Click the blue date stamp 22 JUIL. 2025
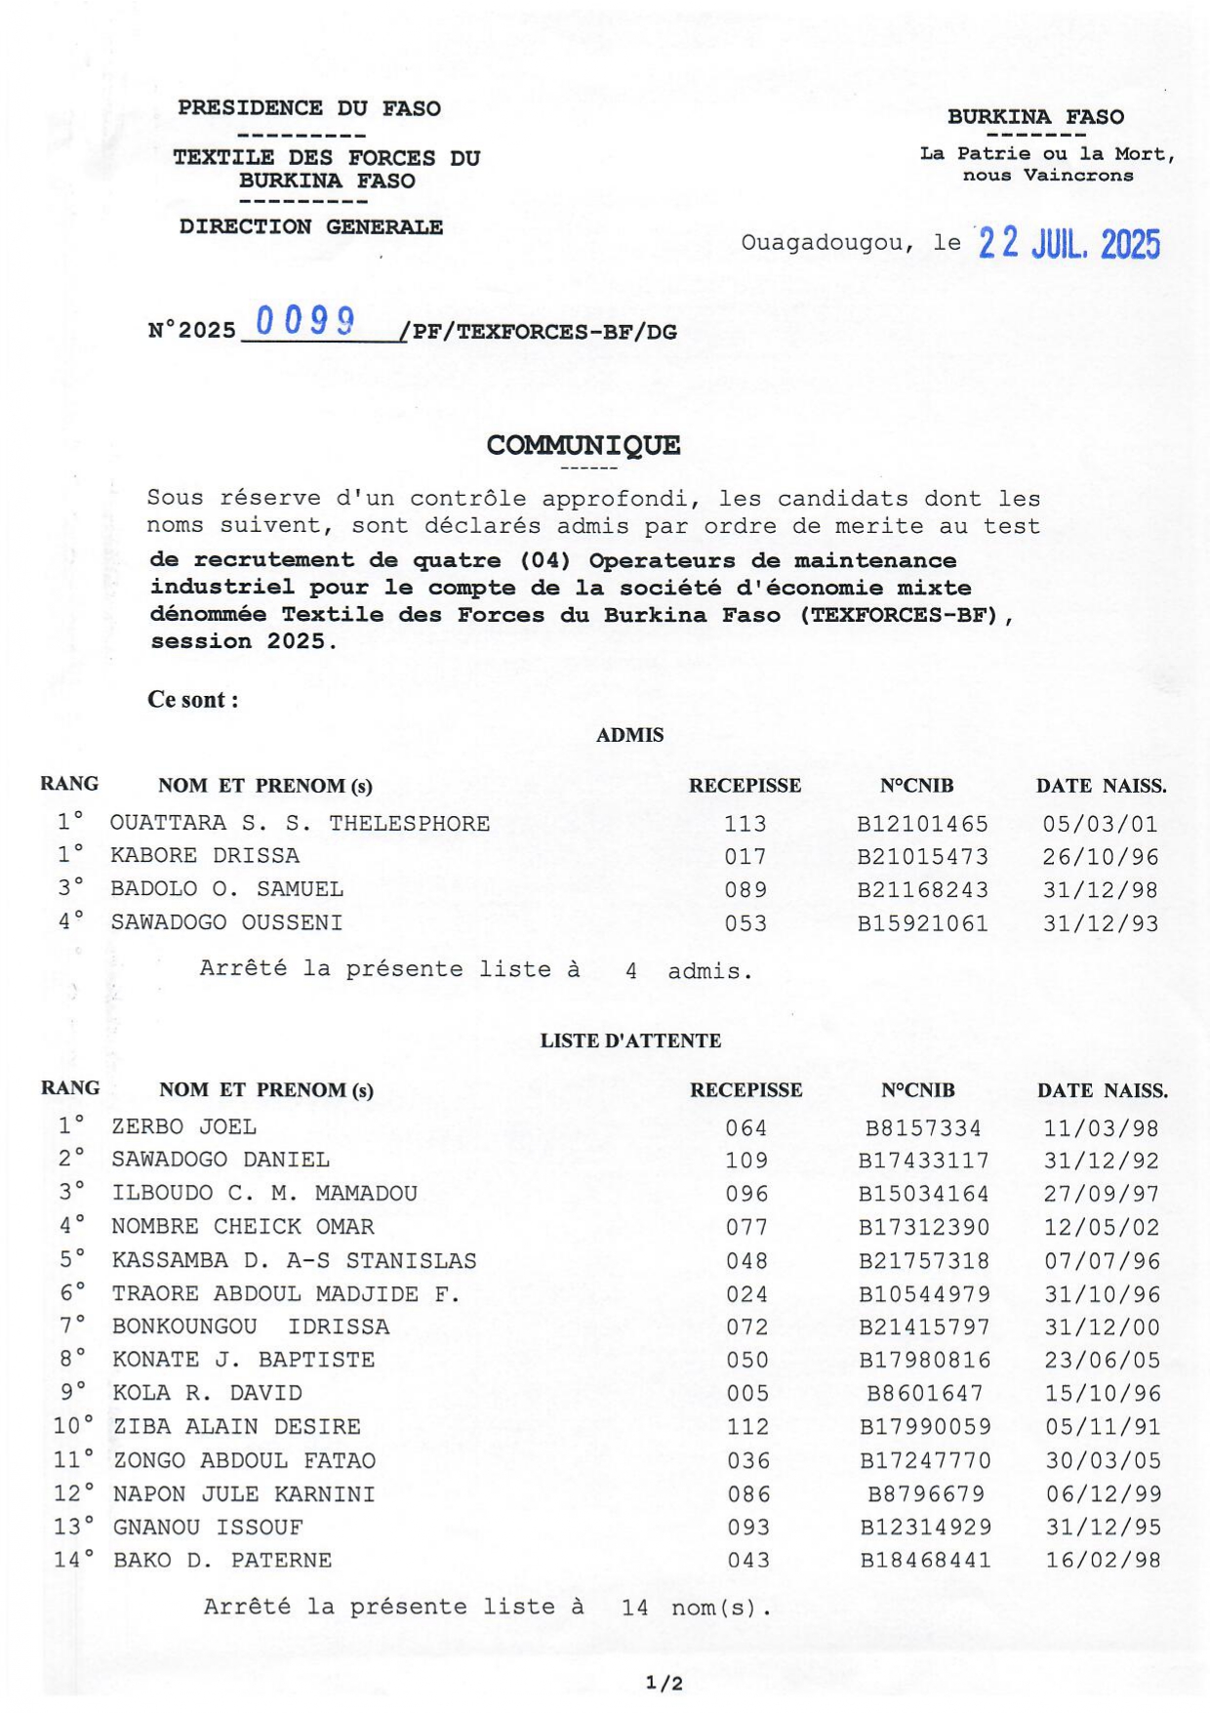click(x=1069, y=243)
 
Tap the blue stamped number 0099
click(x=304, y=321)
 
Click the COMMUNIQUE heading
click(x=584, y=446)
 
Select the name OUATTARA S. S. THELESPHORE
click(x=300, y=824)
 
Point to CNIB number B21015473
click(x=922, y=857)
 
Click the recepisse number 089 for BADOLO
click(x=746, y=890)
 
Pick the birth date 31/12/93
click(x=1100, y=923)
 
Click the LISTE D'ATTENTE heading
click(x=630, y=1041)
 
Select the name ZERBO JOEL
click(x=183, y=1127)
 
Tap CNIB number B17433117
click(x=923, y=1161)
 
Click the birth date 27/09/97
click(x=1102, y=1194)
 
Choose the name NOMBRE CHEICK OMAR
click(x=242, y=1227)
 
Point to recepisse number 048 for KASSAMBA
click(x=746, y=1261)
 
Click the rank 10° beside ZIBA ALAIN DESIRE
click(x=73, y=1427)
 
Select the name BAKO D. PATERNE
click(x=222, y=1561)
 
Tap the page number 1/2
click(x=664, y=1683)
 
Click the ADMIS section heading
click(x=629, y=736)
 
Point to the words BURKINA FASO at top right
click(x=1035, y=117)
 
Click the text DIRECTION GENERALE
click(x=310, y=227)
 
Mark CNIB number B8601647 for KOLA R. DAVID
click(x=924, y=1394)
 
